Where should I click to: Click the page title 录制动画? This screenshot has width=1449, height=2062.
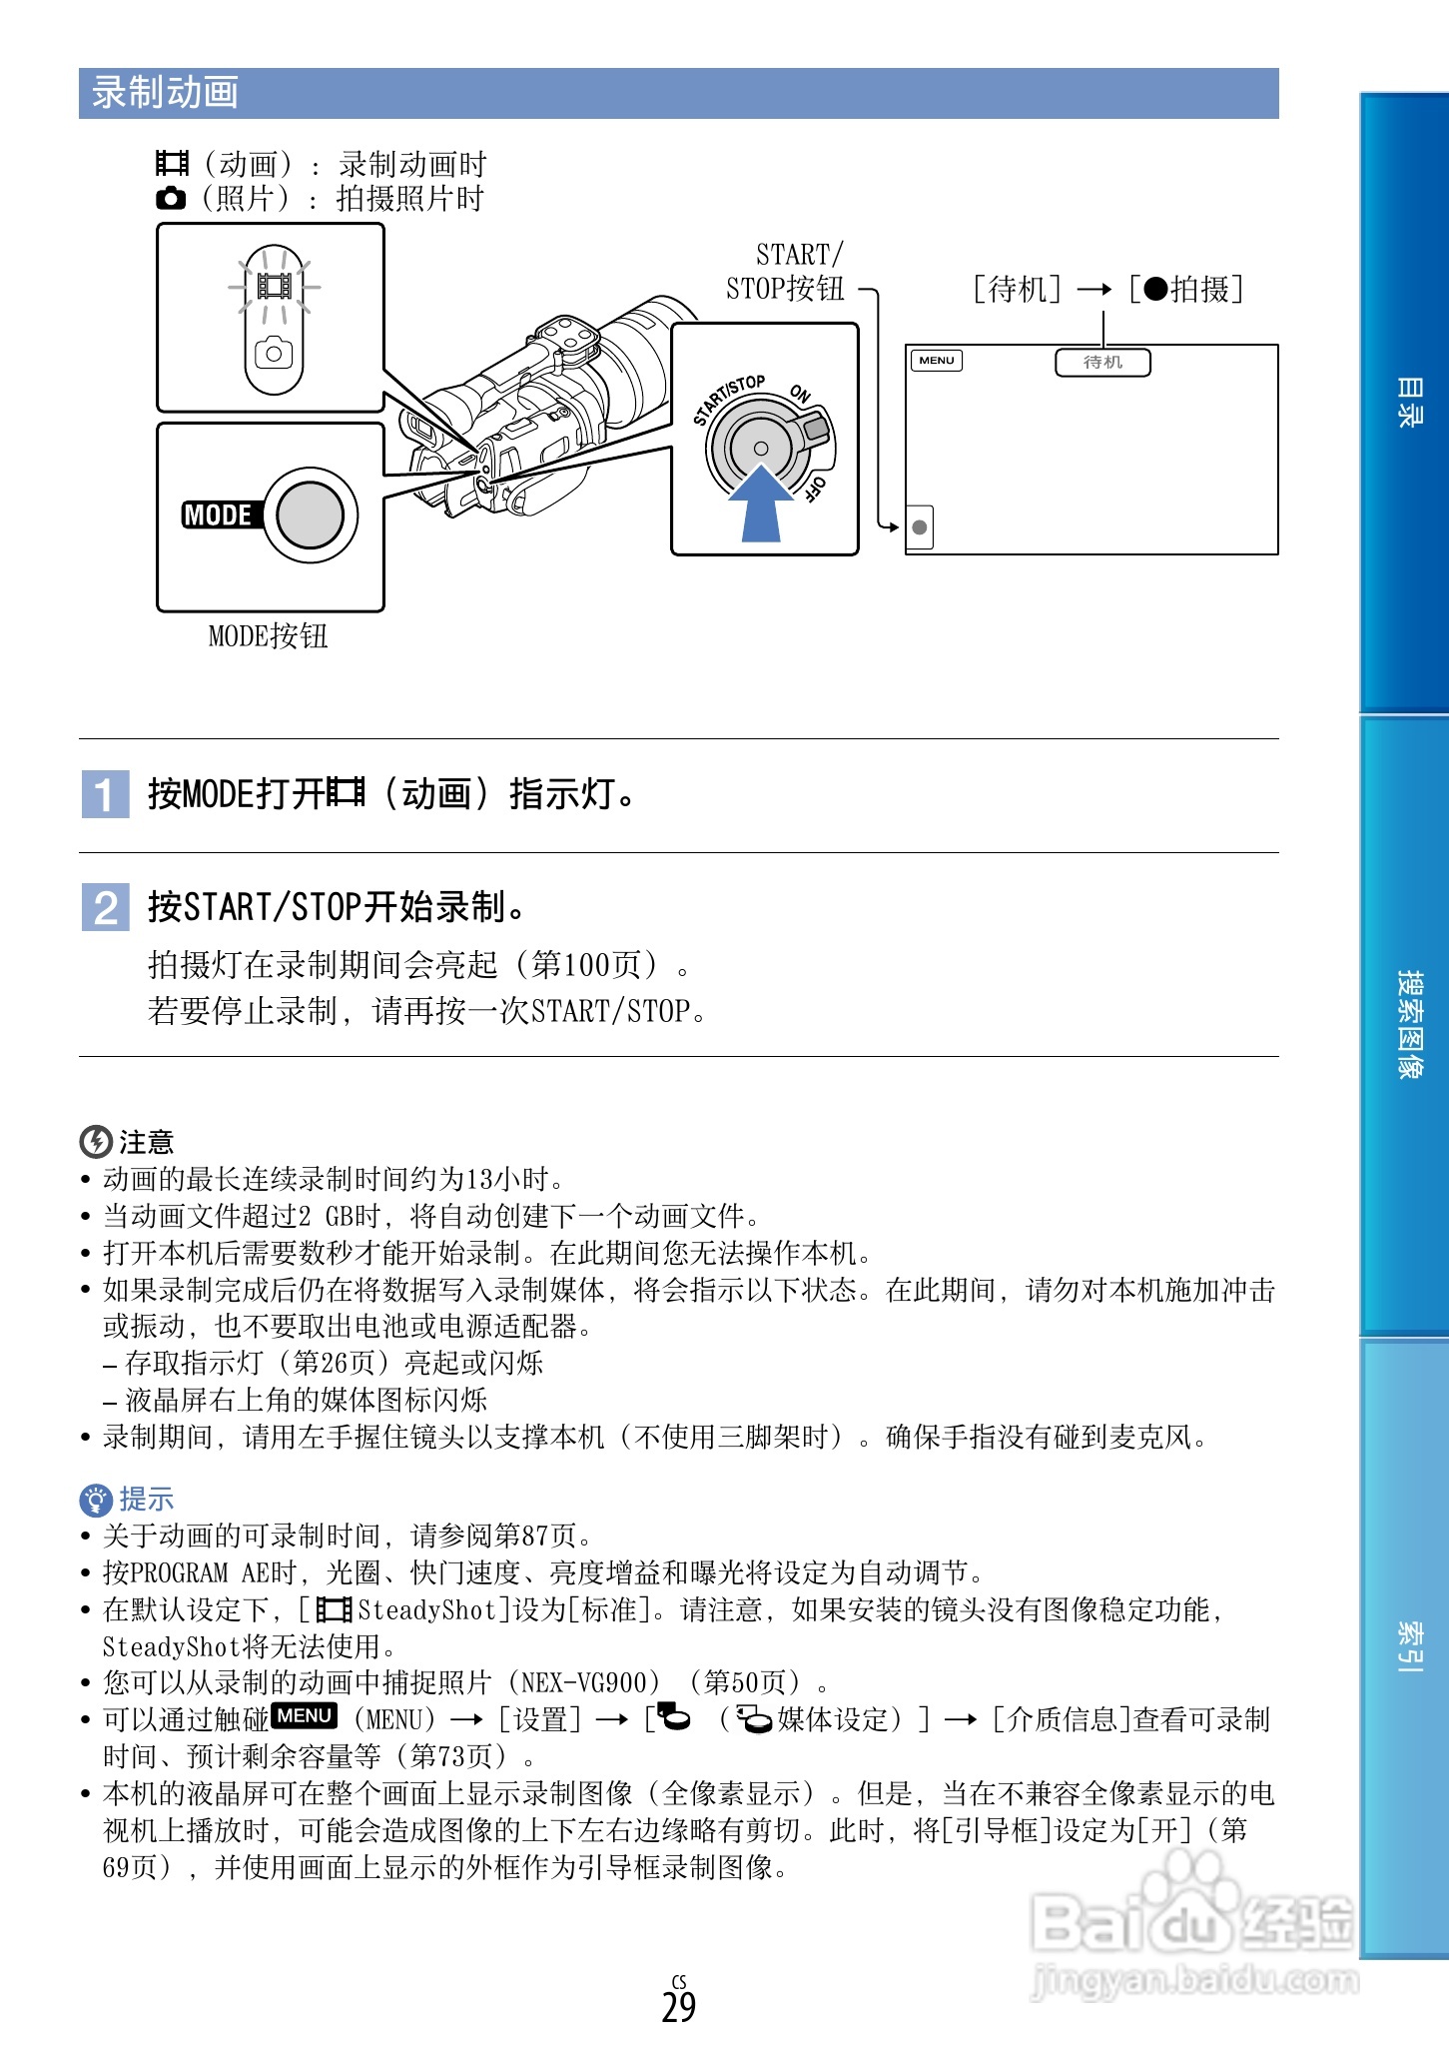(165, 93)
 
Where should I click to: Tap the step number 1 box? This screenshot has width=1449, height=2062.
(105, 794)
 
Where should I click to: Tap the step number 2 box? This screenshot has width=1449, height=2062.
(105, 907)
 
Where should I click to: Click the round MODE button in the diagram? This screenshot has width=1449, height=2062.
(310, 515)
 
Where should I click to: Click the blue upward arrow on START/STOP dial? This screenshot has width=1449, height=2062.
(761, 504)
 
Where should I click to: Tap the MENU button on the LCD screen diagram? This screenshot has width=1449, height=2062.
(937, 361)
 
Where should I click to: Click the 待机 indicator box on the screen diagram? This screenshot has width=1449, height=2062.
(1102, 362)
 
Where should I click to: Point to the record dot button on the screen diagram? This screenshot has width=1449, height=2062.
(920, 527)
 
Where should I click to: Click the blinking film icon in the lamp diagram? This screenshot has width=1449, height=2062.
(274, 287)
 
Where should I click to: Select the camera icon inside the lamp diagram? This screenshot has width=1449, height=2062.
(274, 354)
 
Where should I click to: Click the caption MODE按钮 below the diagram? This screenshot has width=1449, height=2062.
(268, 636)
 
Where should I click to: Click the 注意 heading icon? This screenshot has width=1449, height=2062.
(95, 1141)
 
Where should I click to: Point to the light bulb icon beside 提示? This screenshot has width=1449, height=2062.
(95, 1499)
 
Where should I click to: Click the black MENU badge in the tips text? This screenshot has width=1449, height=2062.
(305, 1716)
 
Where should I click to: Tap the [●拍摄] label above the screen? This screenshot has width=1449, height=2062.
(1186, 290)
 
